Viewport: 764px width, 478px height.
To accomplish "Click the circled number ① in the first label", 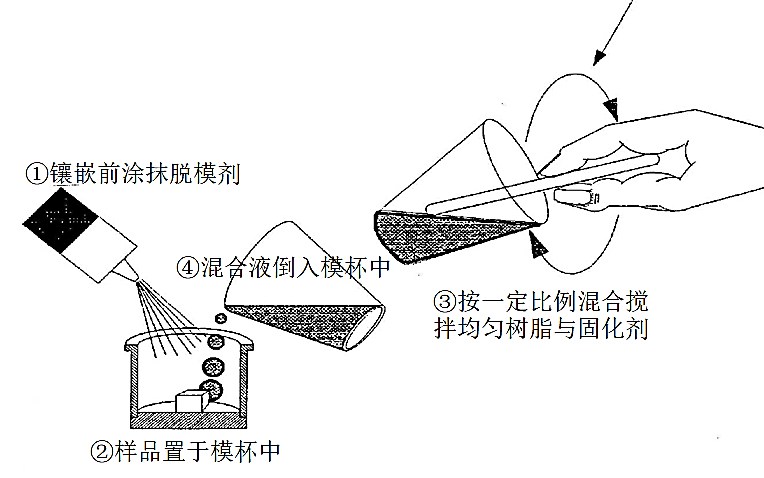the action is (38, 174).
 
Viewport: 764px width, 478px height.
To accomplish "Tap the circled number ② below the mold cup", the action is (102, 452).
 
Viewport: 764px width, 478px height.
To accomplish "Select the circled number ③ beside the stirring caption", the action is (445, 302).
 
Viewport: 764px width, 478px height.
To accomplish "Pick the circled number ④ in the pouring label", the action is (188, 267).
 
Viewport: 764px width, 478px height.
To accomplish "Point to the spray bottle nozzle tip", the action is (137, 279).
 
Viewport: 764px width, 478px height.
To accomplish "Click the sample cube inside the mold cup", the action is (192, 401).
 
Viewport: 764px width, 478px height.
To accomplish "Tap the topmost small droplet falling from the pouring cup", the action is (221, 319).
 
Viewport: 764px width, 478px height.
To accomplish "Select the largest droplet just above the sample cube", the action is (211, 389).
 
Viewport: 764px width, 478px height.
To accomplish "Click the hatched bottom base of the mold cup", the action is (188, 420).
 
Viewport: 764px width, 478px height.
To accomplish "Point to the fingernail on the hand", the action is (574, 197).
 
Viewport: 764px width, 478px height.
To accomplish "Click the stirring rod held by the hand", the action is (543, 184).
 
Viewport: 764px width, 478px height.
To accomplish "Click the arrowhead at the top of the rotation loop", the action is (611, 108).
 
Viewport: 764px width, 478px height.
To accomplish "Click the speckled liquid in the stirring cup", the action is (439, 234).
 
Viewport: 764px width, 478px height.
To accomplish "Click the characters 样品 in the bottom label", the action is (138, 452).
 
